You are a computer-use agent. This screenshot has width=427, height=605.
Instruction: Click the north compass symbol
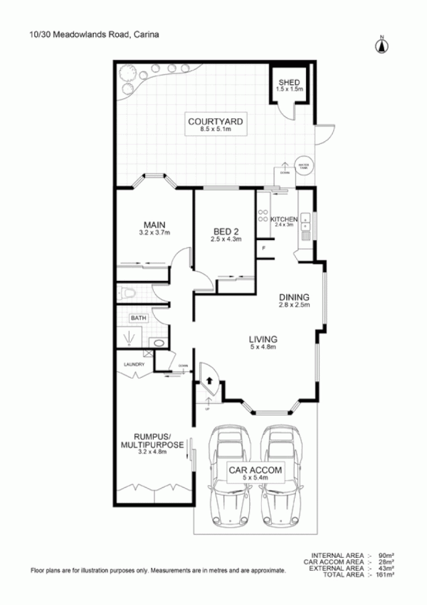click(x=381, y=44)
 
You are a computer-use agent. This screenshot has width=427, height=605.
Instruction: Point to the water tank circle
click(x=303, y=165)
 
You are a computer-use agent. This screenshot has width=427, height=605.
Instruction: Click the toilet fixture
click(x=128, y=292)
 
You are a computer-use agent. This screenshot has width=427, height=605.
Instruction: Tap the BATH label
click(x=138, y=318)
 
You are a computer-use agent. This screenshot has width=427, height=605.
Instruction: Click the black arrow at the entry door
click(x=210, y=380)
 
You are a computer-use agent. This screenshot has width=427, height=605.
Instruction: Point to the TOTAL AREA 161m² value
click(x=385, y=575)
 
